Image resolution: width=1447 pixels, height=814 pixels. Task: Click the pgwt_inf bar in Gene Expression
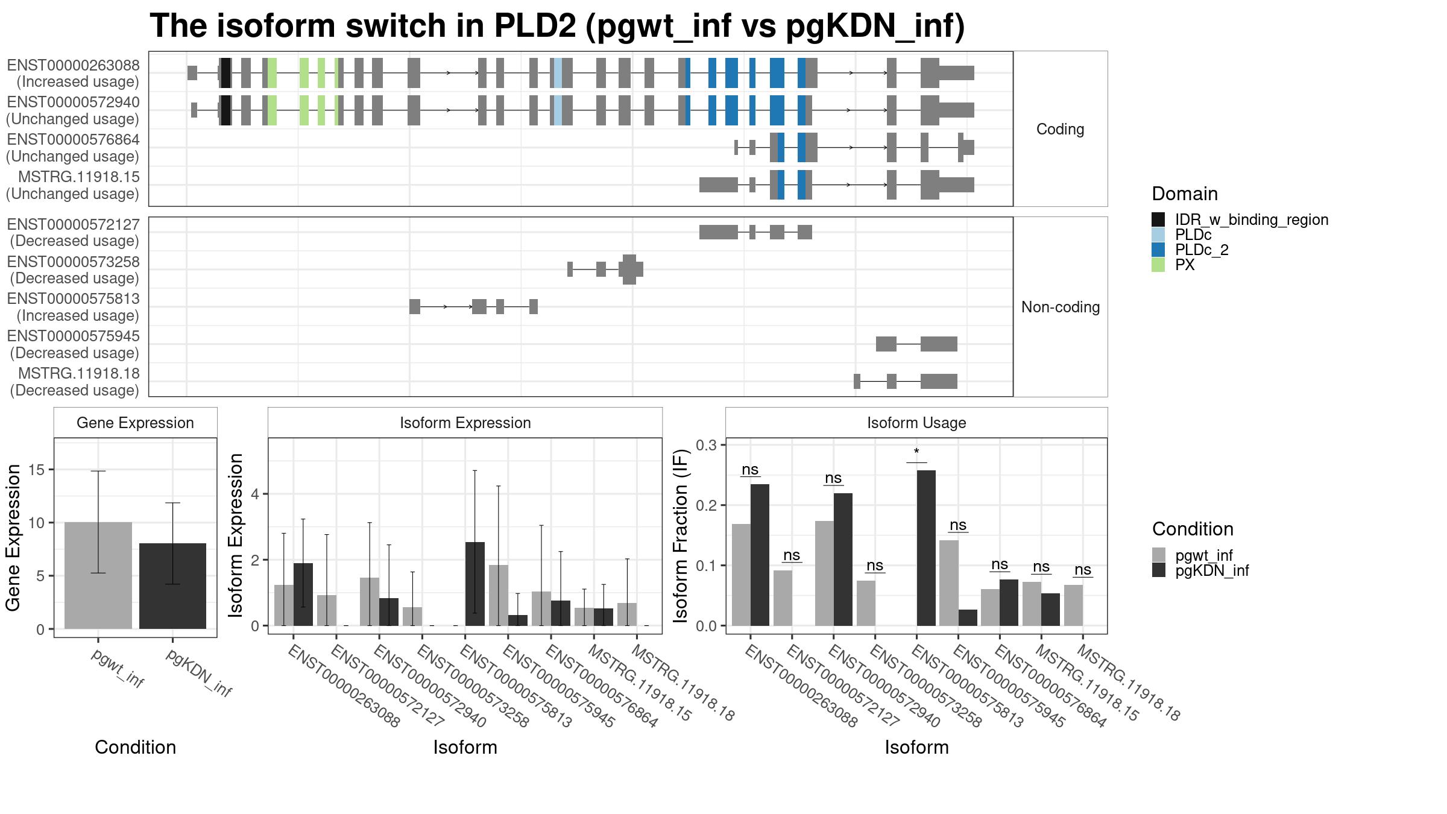click(x=98, y=575)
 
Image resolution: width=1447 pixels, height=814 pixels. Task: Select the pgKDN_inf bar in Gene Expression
click(x=172, y=586)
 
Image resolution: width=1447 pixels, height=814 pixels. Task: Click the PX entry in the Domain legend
click(x=1184, y=265)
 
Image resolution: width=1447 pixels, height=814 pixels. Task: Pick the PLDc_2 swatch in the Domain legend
click(x=1158, y=250)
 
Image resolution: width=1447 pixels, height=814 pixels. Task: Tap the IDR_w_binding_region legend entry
click(x=1252, y=219)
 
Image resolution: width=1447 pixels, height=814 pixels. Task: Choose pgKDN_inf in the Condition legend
click(x=1212, y=570)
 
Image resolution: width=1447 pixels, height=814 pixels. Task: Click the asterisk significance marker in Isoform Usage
click(x=916, y=452)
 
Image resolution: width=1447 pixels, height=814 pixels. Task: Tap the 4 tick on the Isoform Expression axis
click(x=256, y=494)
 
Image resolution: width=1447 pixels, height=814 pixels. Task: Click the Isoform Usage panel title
click(x=916, y=423)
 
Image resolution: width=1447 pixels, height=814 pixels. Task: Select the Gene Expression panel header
click(x=135, y=423)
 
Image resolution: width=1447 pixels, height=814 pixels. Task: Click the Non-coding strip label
click(x=1061, y=307)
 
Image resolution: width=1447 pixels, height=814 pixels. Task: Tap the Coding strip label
click(x=1061, y=129)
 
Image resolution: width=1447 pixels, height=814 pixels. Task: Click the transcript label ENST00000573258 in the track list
click(x=73, y=262)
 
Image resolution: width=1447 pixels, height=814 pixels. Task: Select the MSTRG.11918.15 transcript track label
click(x=79, y=177)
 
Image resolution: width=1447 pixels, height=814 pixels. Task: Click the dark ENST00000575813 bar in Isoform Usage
click(x=926, y=548)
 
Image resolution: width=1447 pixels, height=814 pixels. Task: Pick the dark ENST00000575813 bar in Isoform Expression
click(x=475, y=584)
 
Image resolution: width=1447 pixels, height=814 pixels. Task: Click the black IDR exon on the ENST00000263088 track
click(x=225, y=73)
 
